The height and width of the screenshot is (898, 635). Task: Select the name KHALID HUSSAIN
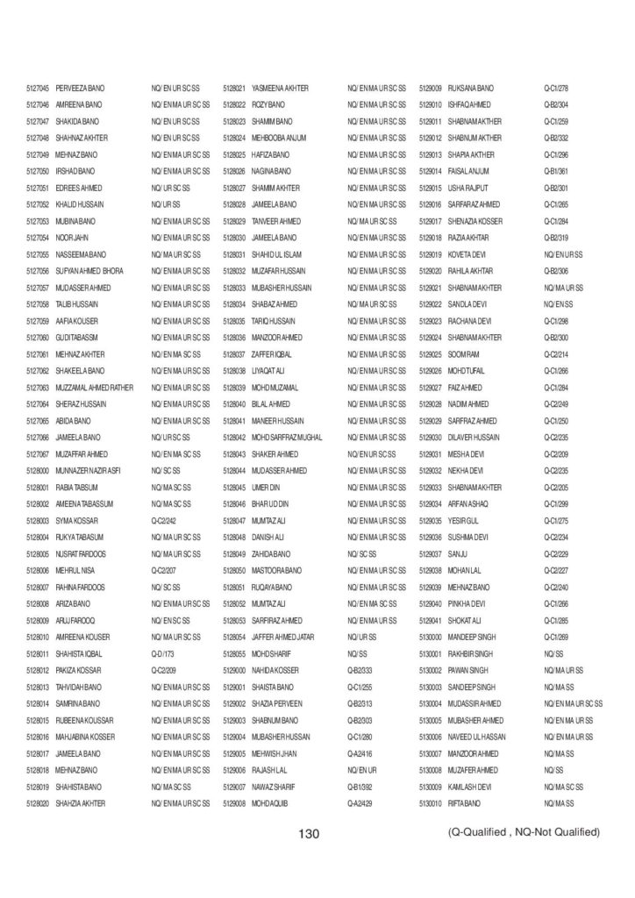point(78,204)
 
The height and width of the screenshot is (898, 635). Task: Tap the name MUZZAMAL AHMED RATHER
point(95,387)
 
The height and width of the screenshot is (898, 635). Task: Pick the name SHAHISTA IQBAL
point(81,653)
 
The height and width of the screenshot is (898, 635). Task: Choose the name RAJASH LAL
point(271,769)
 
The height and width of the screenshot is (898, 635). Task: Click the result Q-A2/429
point(360,802)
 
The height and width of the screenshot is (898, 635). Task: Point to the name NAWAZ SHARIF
point(275,786)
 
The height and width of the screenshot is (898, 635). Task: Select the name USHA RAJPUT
point(472,188)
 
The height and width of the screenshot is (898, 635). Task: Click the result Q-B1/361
point(556,171)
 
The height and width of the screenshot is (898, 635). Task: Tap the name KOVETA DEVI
point(471,254)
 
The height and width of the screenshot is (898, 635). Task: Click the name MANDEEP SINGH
point(475,637)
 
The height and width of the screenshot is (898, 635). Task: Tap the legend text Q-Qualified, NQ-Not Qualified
point(524,831)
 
